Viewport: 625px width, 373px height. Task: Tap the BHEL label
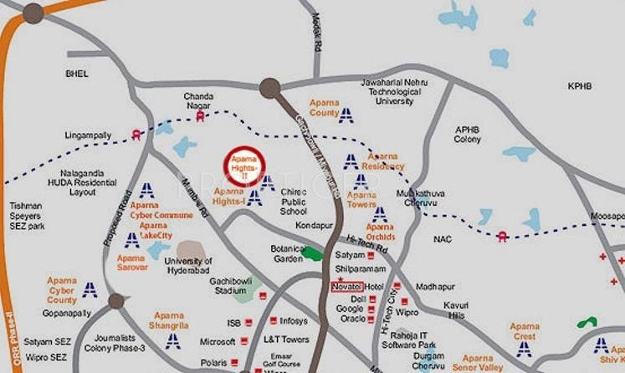coord(77,74)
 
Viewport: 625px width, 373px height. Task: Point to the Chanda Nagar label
coord(199,100)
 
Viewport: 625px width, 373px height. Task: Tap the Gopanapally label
coord(66,313)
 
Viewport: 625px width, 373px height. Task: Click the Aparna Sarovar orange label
coord(131,263)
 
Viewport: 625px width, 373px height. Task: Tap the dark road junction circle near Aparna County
coord(269,87)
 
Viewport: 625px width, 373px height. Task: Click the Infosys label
coord(293,320)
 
